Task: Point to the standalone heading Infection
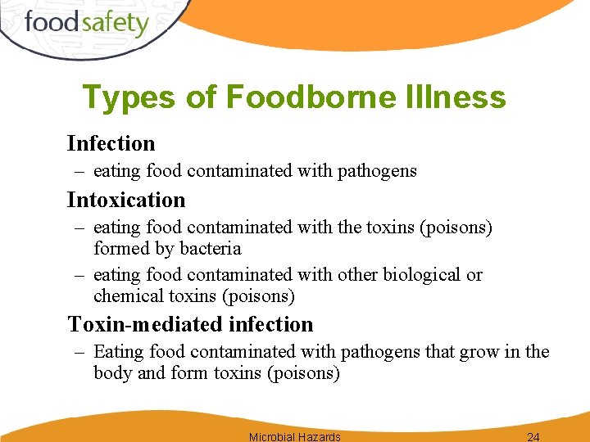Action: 111,143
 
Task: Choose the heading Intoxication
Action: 126,200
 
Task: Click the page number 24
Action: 533,436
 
